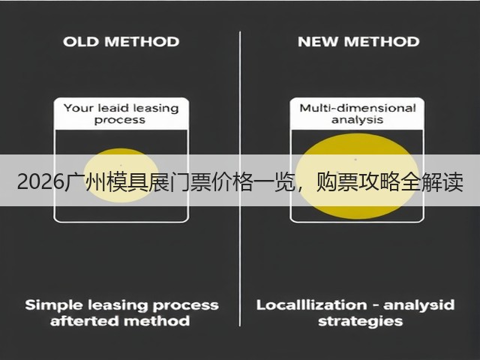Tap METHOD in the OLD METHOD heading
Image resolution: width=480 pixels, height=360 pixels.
point(142,42)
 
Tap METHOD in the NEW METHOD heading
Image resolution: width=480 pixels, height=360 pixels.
point(382,42)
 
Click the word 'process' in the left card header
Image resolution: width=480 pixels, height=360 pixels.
point(120,120)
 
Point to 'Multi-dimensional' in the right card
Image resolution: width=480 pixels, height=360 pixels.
point(358,108)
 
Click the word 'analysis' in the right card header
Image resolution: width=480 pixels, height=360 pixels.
point(357,120)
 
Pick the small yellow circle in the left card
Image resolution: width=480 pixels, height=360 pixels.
point(121,175)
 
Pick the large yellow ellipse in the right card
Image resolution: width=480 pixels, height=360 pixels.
point(357,176)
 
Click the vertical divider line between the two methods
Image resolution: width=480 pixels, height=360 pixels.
point(240,178)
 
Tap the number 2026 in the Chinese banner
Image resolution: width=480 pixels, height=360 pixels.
point(40,182)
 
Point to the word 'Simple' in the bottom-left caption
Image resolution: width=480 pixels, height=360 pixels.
point(54,305)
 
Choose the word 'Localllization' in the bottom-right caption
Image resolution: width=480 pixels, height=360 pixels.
point(312,305)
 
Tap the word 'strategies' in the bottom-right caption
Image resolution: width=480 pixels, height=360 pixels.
point(360,322)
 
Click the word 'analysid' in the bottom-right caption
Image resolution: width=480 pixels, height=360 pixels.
point(418,305)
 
